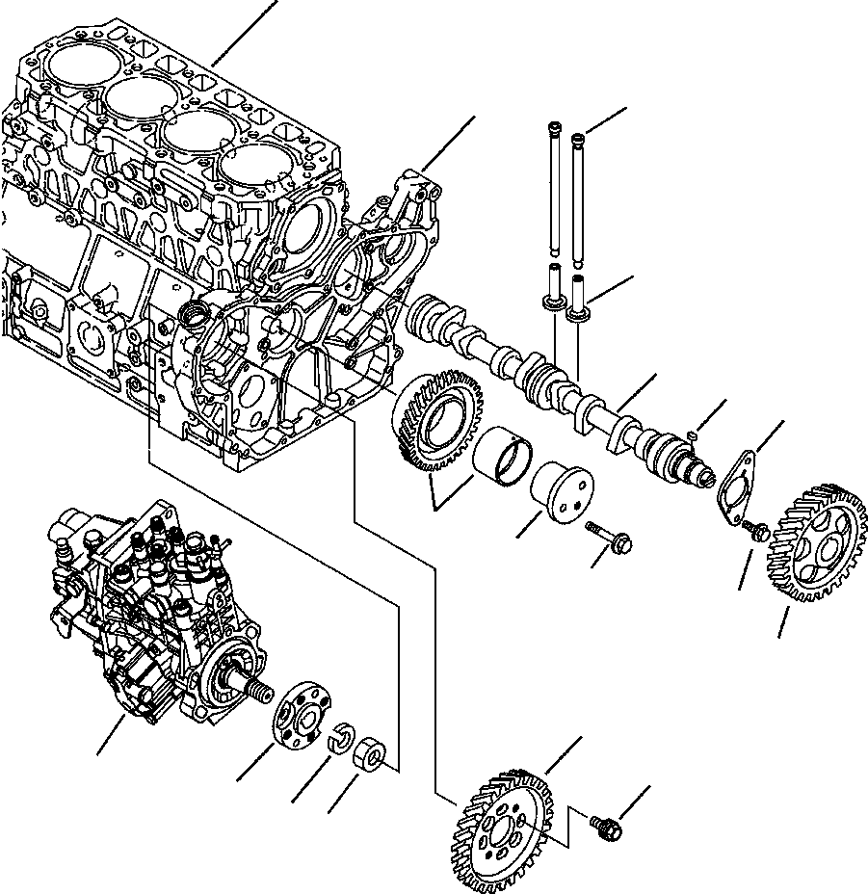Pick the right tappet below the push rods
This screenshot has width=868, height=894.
[x=580, y=298]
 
